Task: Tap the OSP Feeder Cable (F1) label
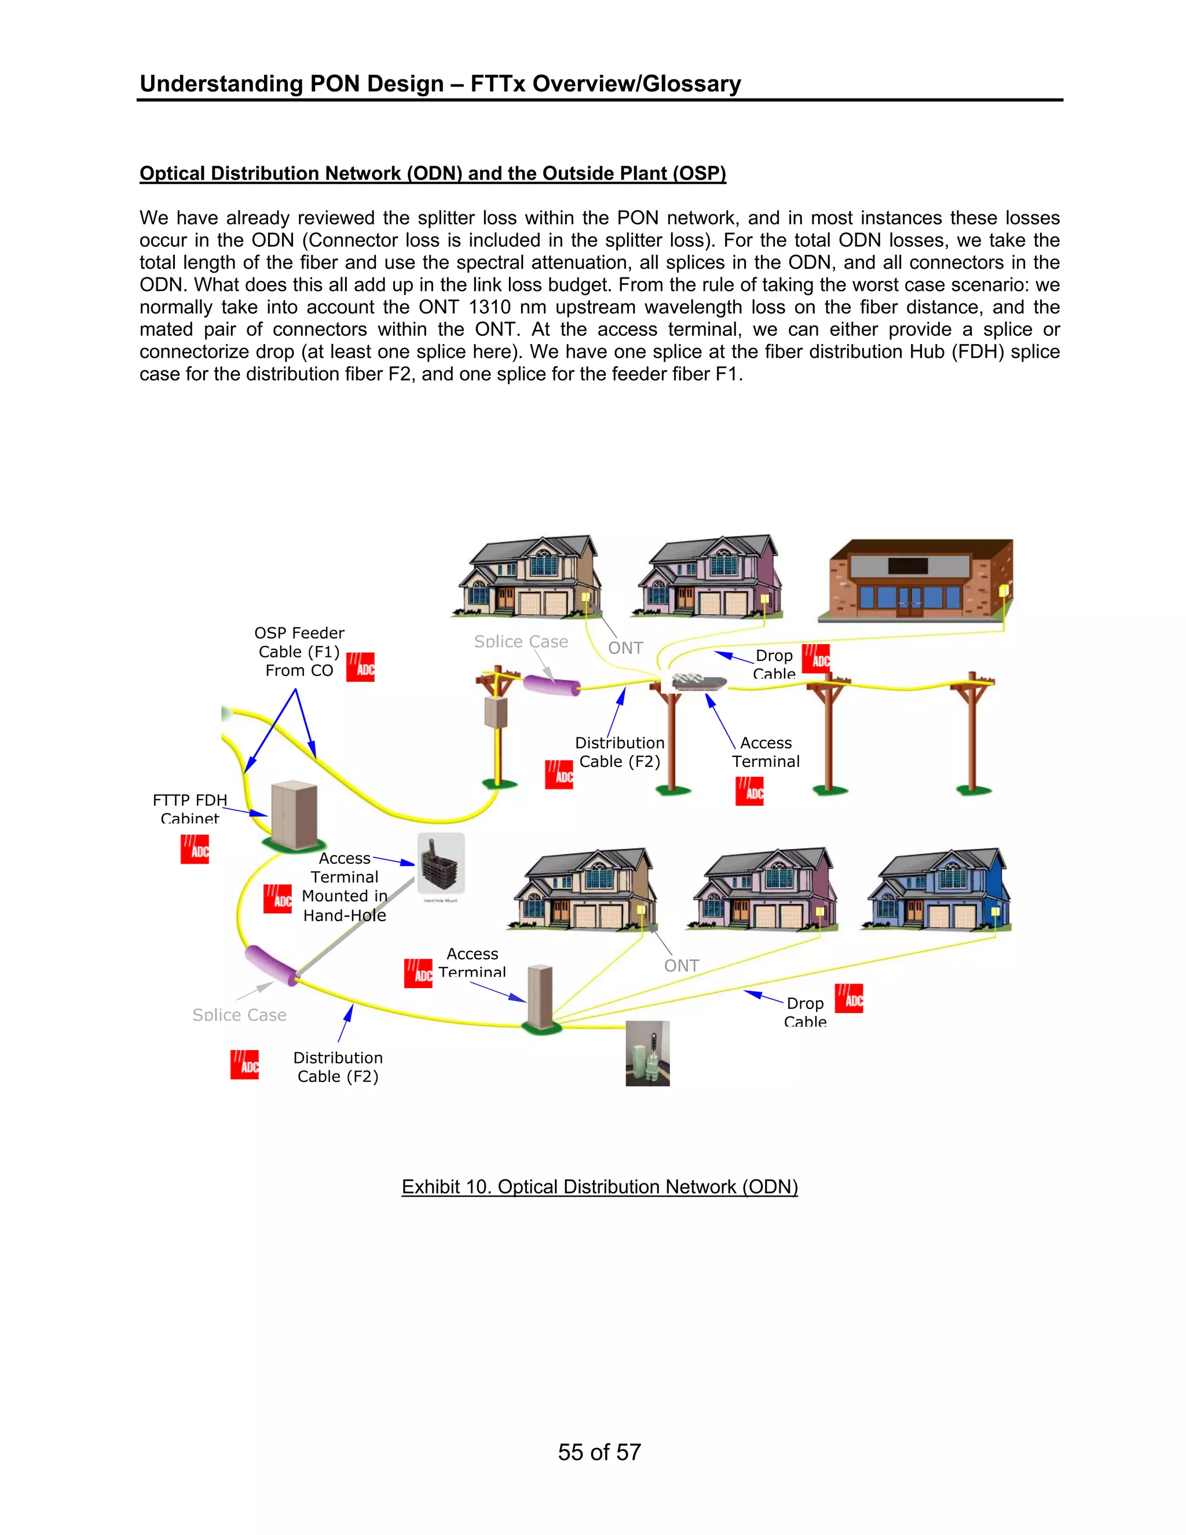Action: [299, 652]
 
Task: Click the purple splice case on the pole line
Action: [552, 684]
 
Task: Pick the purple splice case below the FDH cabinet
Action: [271, 966]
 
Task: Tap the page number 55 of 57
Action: [599, 1452]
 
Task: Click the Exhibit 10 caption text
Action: [599, 1186]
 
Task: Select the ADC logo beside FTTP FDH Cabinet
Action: [195, 849]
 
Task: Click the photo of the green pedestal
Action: [647, 1053]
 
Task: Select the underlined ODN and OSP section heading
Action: [433, 174]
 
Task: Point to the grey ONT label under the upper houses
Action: [625, 648]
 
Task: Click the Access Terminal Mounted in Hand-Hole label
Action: [345, 887]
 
